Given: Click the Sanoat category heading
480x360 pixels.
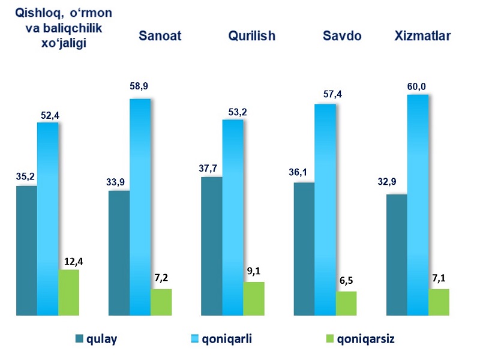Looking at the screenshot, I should click(x=160, y=35).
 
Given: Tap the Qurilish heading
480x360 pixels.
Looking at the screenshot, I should click(x=251, y=35).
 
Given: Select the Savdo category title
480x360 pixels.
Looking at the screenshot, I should click(x=342, y=35).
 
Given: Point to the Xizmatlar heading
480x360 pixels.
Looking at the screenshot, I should click(x=423, y=35).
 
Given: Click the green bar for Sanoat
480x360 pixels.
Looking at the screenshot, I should click(x=161, y=302).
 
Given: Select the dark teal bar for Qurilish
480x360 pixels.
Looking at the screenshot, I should click(x=211, y=246).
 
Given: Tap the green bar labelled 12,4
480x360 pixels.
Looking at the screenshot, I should click(x=68, y=292).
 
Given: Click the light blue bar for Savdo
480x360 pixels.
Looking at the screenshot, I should click(x=325, y=209).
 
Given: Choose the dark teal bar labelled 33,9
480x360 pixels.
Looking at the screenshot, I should click(x=119, y=253).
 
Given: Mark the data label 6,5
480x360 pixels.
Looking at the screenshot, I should click(x=347, y=280).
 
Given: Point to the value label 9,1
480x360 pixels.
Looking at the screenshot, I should click(x=253, y=270).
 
